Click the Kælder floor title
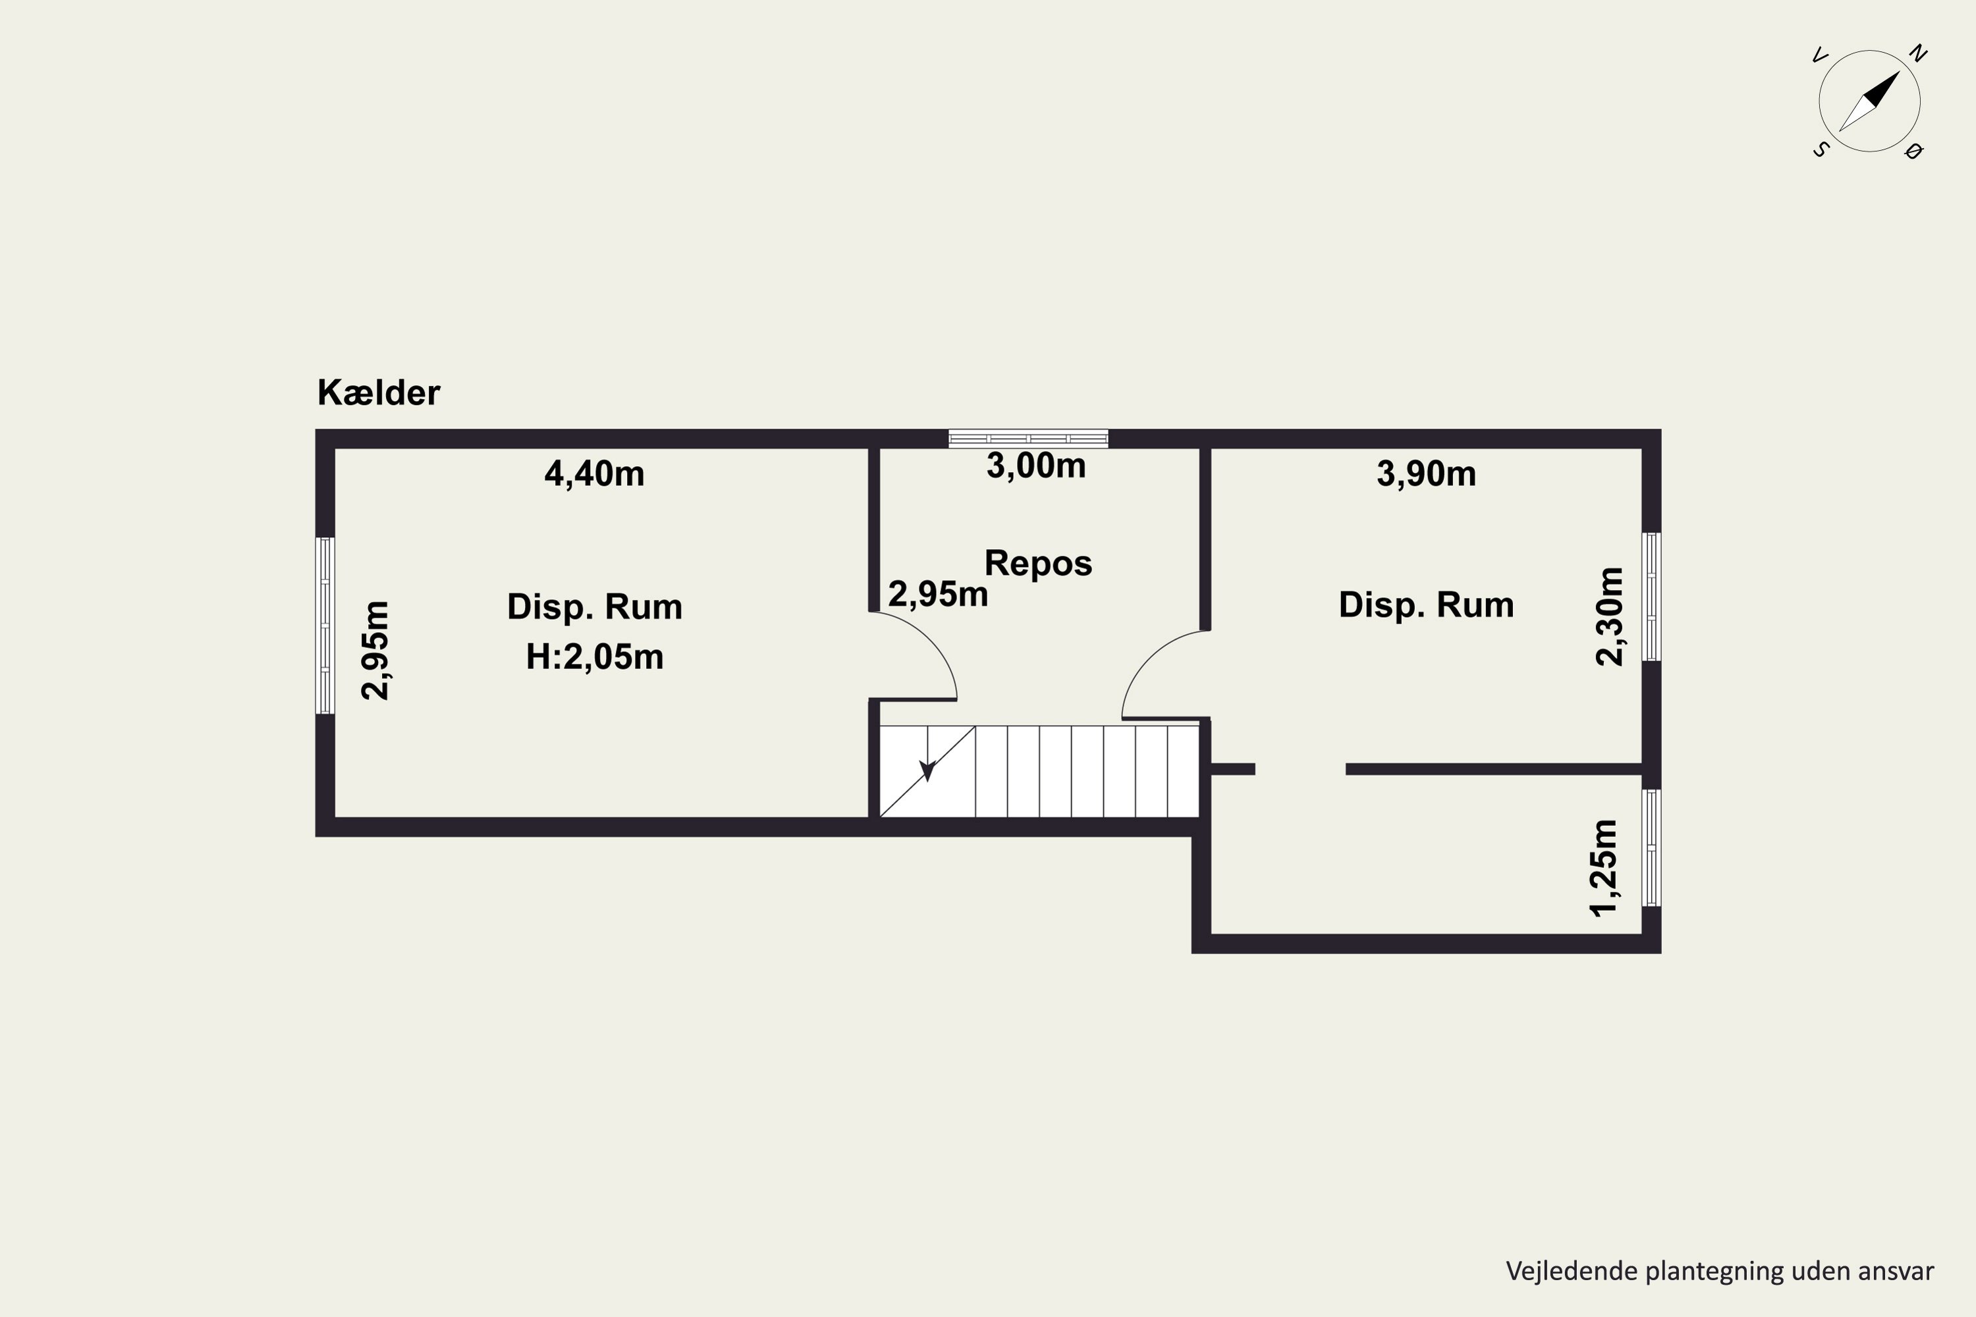[x=378, y=393]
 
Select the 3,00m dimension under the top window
[x=1036, y=466]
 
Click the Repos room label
[x=1039, y=563]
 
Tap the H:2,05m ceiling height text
[x=595, y=657]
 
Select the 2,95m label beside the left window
[x=375, y=651]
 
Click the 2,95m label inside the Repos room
[x=937, y=595]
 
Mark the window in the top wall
[x=1028, y=439]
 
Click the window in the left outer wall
[x=325, y=626]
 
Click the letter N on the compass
[x=1918, y=54]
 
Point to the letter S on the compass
[x=1821, y=149]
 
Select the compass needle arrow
[x=1869, y=101]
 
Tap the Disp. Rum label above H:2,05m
[x=595, y=607]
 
